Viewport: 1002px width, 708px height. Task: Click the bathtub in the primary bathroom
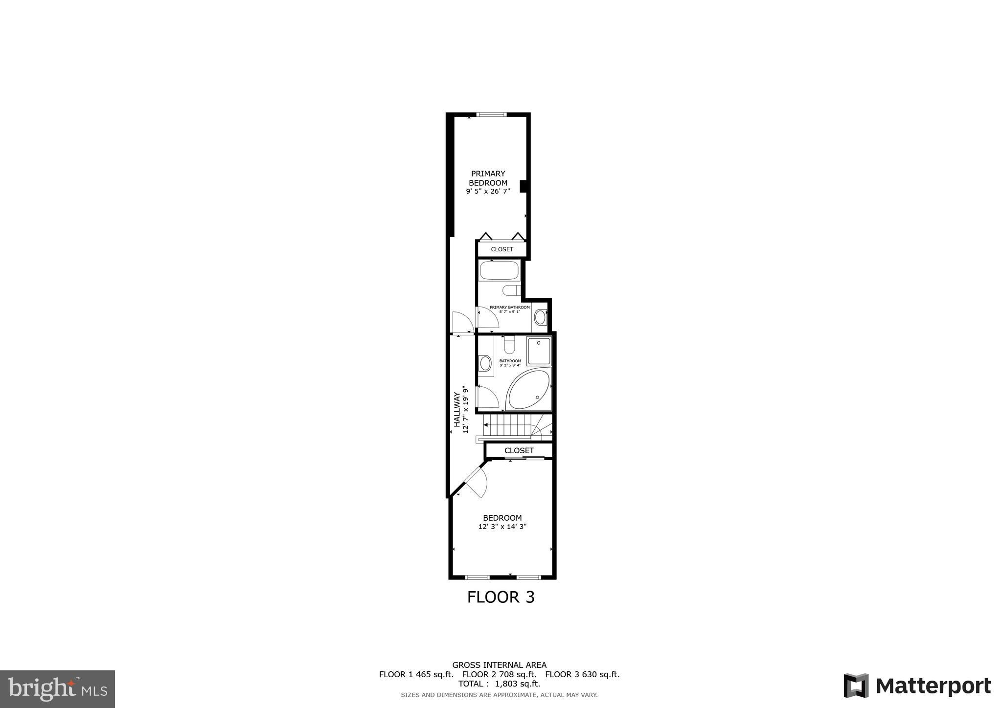pyautogui.click(x=499, y=270)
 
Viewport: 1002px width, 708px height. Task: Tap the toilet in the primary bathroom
pyautogui.click(x=511, y=290)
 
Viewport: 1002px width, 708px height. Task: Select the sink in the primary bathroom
pyautogui.click(x=540, y=317)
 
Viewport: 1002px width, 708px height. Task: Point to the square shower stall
pyautogui.click(x=539, y=350)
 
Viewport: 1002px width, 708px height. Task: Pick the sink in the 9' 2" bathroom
pyautogui.click(x=485, y=363)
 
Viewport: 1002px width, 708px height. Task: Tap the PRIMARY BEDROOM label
pyautogui.click(x=488, y=178)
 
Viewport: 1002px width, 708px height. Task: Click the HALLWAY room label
pyautogui.click(x=456, y=410)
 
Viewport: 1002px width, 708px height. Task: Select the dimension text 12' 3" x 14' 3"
pyautogui.click(x=502, y=527)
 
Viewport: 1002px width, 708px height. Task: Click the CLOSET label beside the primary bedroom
pyautogui.click(x=502, y=249)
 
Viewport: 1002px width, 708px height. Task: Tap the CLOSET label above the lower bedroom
pyautogui.click(x=519, y=450)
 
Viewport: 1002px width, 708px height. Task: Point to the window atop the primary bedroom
pyautogui.click(x=492, y=115)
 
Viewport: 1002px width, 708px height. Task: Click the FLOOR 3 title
pyautogui.click(x=501, y=597)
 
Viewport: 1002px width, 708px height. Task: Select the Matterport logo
pyautogui.click(x=917, y=686)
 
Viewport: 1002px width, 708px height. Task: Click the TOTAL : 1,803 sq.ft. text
pyautogui.click(x=499, y=684)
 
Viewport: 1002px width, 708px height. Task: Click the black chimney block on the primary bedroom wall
pyautogui.click(x=523, y=186)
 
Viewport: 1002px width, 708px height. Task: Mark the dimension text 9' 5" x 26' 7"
pyautogui.click(x=488, y=191)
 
